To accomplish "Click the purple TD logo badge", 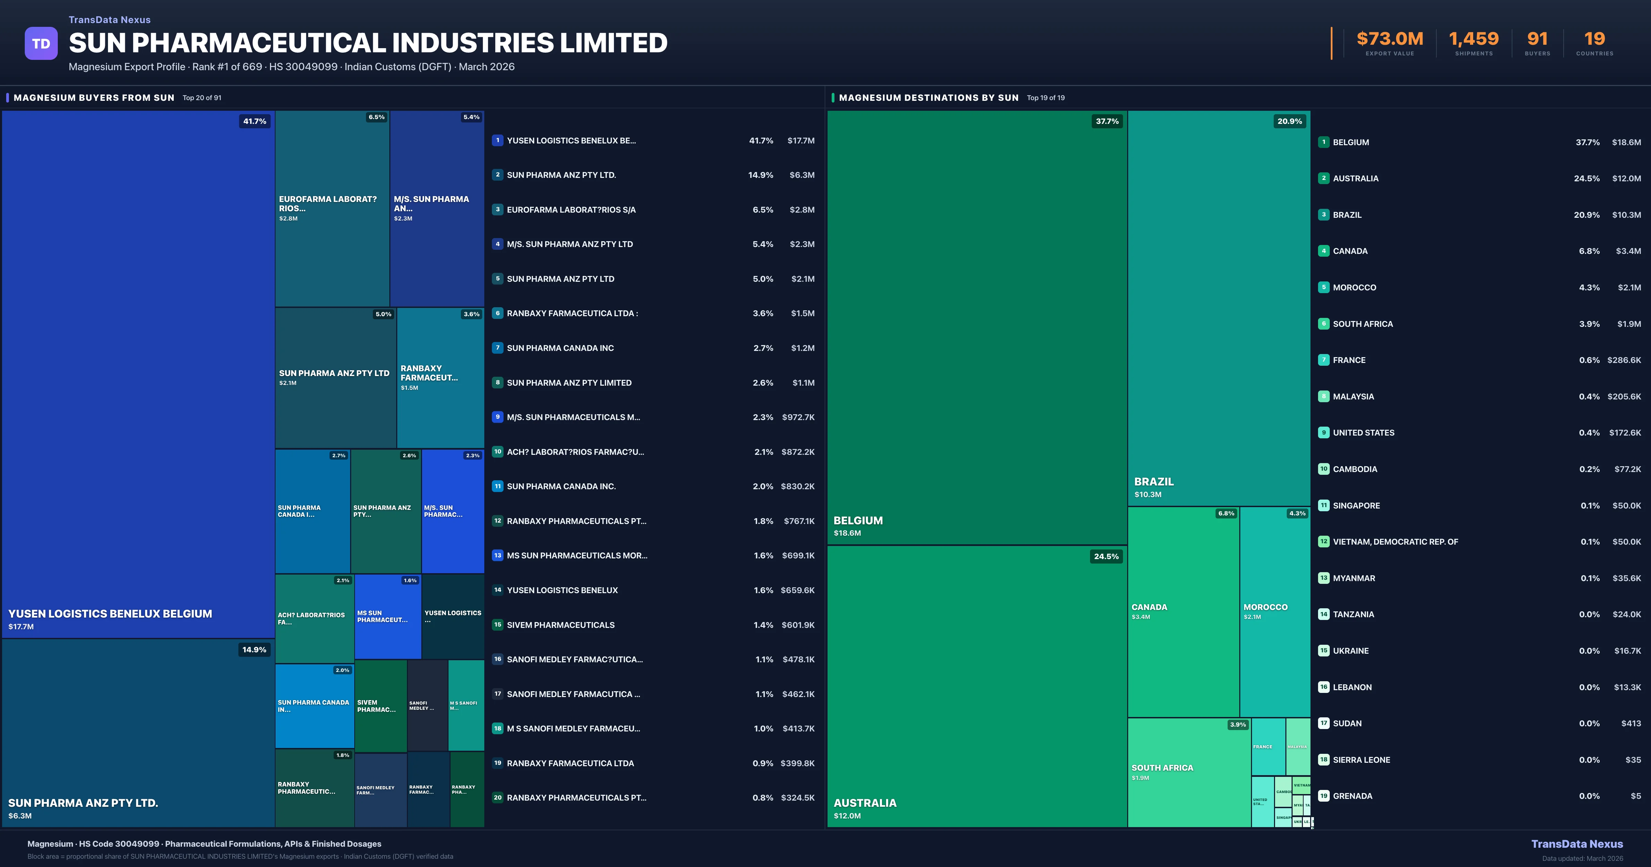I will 41,44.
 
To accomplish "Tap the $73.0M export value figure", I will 1390,39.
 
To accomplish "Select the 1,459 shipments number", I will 1474,39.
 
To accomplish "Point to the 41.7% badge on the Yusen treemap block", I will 255,121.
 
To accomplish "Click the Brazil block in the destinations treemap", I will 1218,308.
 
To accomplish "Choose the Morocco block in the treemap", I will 1274,611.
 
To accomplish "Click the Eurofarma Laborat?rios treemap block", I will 332,208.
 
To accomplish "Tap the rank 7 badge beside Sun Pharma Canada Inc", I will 497,347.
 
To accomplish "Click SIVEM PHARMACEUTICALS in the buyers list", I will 560,624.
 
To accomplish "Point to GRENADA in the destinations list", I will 1352,796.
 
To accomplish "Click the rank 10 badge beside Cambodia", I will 1324,469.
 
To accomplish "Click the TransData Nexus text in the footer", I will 1577,844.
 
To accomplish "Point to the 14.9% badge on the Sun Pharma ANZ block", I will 254,650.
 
